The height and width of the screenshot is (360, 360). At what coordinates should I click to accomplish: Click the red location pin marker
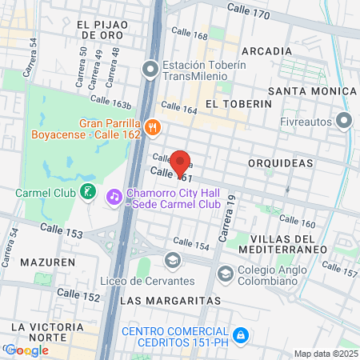coord(180,163)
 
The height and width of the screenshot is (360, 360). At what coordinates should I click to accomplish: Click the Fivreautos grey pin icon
coord(345,122)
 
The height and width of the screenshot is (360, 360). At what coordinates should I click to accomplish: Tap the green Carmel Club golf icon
coord(88,193)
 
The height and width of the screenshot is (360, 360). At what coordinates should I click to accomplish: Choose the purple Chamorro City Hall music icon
coord(114,196)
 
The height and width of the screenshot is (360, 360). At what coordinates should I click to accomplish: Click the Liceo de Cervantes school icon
coord(171,260)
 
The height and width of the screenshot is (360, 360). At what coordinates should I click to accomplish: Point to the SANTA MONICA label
coord(311,91)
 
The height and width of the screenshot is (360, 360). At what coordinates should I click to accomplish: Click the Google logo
coord(26,350)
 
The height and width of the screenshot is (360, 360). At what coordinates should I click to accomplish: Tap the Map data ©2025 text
coord(325,354)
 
